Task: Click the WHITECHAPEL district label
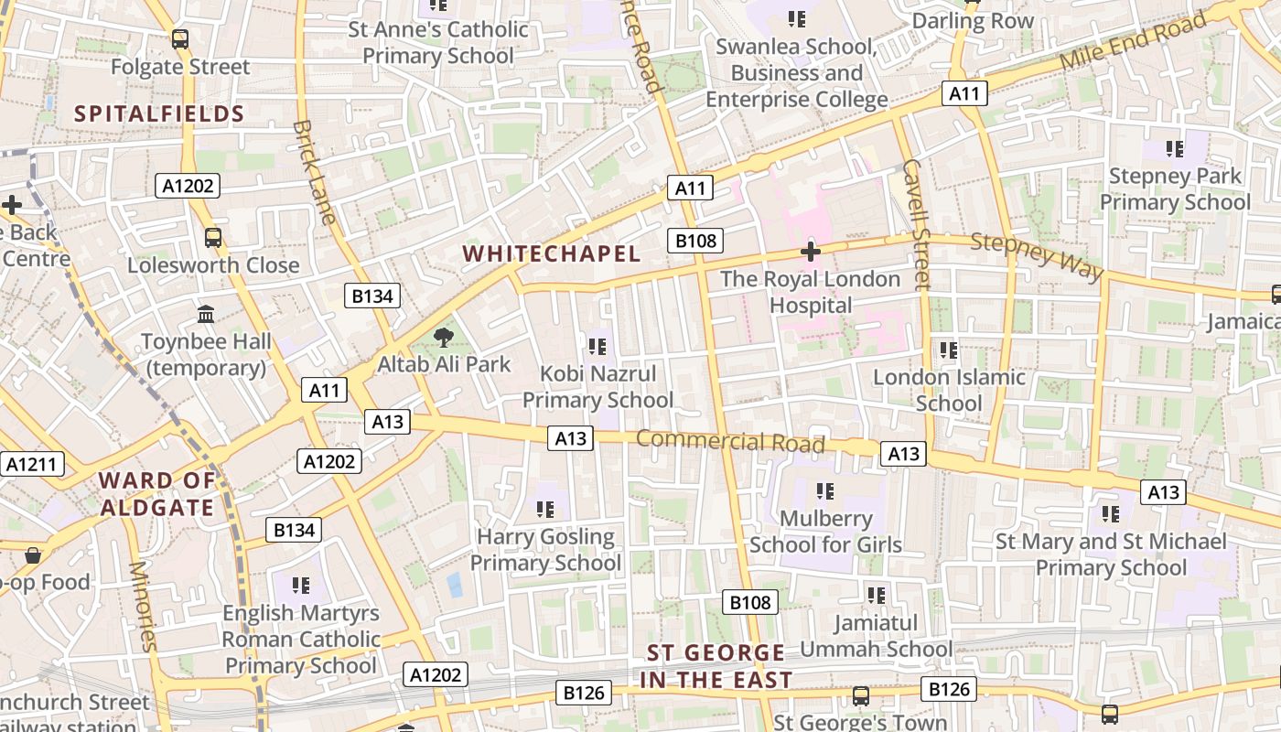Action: coord(551,253)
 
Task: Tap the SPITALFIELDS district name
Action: coord(159,114)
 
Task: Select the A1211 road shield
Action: coord(32,464)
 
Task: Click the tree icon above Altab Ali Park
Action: coord(444,338)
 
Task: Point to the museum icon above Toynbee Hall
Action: coord(206,315)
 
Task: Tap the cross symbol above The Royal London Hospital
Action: coord(810,252)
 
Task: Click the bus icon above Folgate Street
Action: coord(180,39)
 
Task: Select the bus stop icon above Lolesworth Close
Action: coord(213,238)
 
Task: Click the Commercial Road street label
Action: coord(730,441)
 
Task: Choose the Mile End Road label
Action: coord(1134,44)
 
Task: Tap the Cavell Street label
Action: coord(916,224)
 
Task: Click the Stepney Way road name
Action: coord(1037,256)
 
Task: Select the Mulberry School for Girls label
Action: coord(825,532)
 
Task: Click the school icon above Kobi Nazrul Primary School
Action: coord(597,347)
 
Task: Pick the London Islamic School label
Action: coord(949,390)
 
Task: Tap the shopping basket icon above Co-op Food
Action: coord(33,555)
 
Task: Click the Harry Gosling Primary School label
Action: coord(545,549)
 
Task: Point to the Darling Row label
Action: coord(973,21)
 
